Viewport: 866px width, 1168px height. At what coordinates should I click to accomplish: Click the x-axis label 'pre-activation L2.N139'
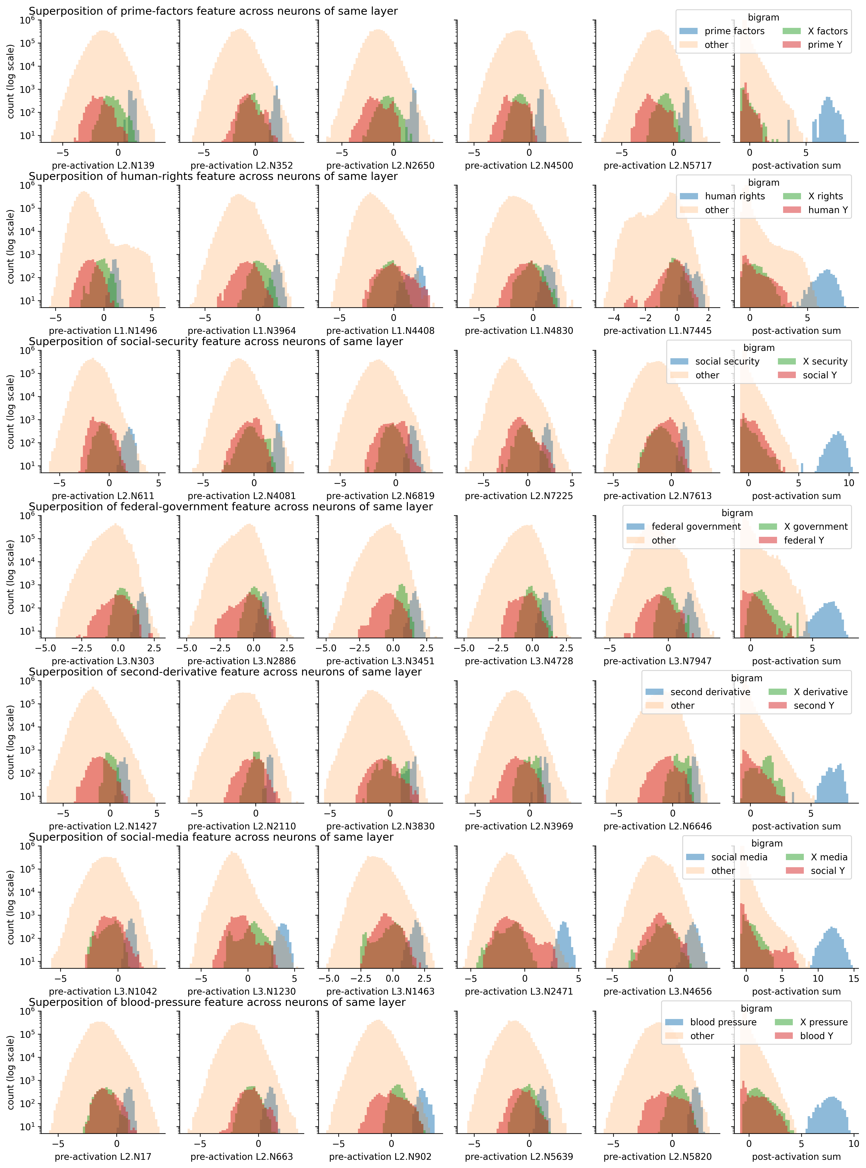(103, 166)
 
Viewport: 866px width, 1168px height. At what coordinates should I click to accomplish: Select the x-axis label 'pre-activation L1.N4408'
(380, 331)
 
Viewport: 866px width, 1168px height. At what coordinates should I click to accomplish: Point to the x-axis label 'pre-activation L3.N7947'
(657, 661)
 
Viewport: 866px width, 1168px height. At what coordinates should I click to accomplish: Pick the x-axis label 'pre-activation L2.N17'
(103, 1157)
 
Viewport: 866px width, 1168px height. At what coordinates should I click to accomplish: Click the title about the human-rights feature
(213, 176)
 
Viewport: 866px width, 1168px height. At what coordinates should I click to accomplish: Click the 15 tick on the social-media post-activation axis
(853, 978)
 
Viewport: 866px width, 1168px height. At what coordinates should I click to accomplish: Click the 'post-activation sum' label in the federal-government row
(796, 661)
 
